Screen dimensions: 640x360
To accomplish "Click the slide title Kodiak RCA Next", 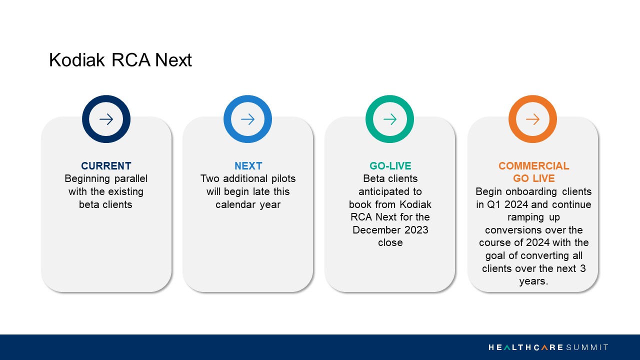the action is pos(120,60).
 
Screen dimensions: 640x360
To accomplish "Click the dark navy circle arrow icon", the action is pos(85,119).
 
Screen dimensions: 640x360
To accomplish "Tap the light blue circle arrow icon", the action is pos(227,119).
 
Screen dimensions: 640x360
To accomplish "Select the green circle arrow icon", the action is pos(369,119).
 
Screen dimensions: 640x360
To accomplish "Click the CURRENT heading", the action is pos(106,166).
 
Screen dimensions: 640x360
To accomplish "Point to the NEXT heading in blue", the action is pos(248,166).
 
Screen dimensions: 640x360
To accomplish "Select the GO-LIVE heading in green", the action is pos(390,166).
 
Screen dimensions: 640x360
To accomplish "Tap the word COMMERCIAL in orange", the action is pos(533,166).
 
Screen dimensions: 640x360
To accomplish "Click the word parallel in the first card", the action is pos(131,179).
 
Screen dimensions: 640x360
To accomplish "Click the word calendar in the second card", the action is pos(235,204).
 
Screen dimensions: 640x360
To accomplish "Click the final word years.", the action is pos(533,281).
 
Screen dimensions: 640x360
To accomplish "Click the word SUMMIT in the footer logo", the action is pos(587,347).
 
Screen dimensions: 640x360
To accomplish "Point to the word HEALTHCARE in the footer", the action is pos(525,347).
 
